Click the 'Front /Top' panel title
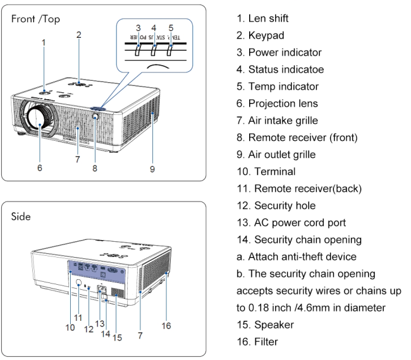(36, 19)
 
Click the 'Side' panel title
(25, 217)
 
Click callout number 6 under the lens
(40, 169)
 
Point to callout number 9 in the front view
(152, 169)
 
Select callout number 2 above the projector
(78, 35)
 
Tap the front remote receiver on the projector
(95, 117)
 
